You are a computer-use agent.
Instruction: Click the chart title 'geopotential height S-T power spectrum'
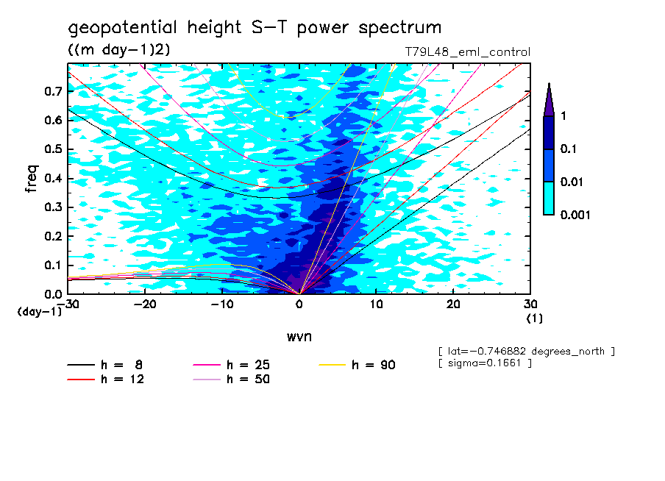click(x=255, y=28)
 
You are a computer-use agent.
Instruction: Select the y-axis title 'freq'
click(x=32, y=179)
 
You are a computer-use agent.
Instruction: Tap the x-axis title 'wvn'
click(x=299, y=336)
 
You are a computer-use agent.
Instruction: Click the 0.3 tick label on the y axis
click(x=53, y=207)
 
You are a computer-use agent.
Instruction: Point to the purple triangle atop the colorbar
click(x=549, y=99)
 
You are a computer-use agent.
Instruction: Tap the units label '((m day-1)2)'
click(x=118, y=49)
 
